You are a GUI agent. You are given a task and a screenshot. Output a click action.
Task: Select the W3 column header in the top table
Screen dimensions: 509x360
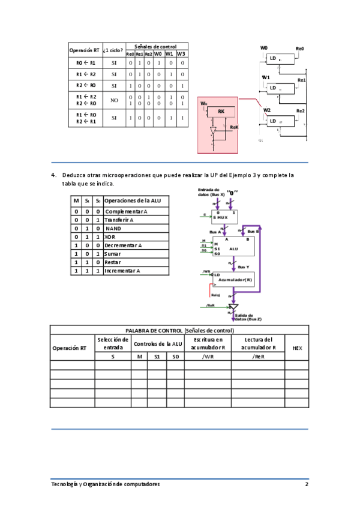click(181, 53)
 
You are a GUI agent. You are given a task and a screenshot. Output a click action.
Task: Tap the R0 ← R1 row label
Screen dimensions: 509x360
click(85, 62)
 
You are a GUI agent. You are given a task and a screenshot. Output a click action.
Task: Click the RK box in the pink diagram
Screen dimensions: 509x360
click(221, 112)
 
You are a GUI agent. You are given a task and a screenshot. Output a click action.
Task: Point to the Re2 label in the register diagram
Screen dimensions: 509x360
click(301, 111)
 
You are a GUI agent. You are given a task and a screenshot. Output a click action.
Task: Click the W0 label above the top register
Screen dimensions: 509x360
click(264, 48)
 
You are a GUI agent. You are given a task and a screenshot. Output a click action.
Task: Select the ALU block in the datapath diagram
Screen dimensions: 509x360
click(234, 247)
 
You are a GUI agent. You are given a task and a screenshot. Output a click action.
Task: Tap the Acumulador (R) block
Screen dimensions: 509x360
click(234, 279)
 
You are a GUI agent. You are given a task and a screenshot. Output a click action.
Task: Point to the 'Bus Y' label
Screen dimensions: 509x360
click(244, 267)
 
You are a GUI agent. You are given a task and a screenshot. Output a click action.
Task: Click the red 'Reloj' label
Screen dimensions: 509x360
click(216, 295)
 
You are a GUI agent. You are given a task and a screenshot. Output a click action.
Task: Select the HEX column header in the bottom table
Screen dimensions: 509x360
click(297, 348)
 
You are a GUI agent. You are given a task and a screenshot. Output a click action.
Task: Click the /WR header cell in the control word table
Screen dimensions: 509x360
click(208, 357)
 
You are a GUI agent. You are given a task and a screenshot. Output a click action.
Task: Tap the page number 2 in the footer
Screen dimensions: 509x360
click(306, 484)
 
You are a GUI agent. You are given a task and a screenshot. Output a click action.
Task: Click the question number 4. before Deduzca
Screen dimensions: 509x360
click(53, 175)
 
